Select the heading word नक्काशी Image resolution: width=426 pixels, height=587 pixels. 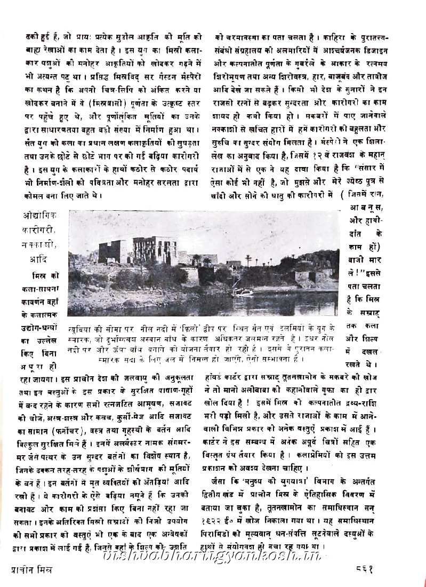point(41,246)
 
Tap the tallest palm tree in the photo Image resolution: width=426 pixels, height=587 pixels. point(248,261)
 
